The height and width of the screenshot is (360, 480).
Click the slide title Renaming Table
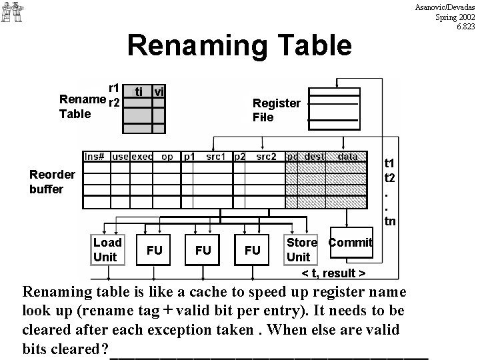(x=239, y=45)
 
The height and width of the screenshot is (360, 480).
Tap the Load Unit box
(x=107, y=250)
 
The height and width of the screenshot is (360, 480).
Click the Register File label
(x=276, y=110)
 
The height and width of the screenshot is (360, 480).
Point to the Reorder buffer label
(x=52, y=181)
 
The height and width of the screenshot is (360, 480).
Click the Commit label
(x=350, y=243)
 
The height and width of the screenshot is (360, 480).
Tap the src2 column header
(x=265, y=157)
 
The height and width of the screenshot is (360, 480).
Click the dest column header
(x=314, y=157)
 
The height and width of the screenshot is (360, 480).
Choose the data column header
(x=347, y=157)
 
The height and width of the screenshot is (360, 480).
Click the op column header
(x=167, y=157)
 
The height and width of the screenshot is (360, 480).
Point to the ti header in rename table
(x=138, y=91)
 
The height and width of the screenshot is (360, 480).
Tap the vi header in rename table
(x=159, y=91)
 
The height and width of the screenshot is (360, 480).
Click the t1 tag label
(x=390, y=163)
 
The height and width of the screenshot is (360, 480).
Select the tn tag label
(x=390, y=221)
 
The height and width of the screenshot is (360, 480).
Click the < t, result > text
(x=333, y=274)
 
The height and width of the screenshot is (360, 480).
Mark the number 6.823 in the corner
(x=465, y=27)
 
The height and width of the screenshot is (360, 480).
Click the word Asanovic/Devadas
(x=445, y=7)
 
